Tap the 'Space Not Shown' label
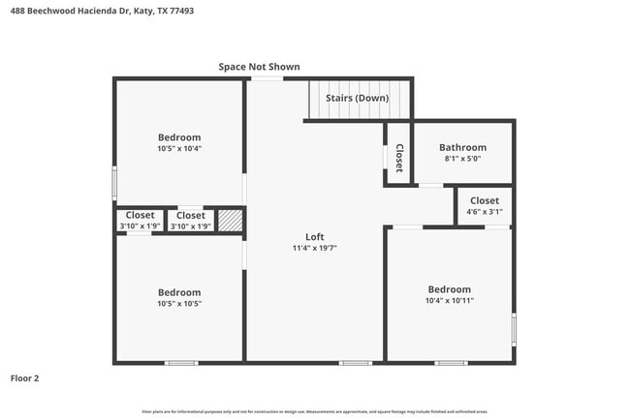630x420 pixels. (x=259, y=67)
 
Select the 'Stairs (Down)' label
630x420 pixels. (x=357, y=99)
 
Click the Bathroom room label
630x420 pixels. (x=462, y=148)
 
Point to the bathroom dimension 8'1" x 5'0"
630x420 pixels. (x=462, y=159)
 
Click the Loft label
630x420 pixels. (x=315, y=237)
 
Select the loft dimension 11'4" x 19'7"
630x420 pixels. (x=315, y=248)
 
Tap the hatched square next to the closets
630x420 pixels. (x=229, y=221)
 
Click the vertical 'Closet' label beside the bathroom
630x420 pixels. (x=398, y=156)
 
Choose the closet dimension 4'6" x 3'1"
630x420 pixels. (x=485, y=211)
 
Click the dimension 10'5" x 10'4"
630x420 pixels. (x=179, y=148)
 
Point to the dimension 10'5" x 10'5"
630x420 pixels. (x=179, y=303)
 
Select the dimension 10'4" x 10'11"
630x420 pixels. (x=450, y=300)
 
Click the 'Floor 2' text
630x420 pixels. (x=25, y=378)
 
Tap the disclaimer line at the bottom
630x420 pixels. (x=315, y=412)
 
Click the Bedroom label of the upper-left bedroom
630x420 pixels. (x=179, y=137)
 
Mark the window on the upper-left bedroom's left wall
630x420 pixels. (x=114, y=182)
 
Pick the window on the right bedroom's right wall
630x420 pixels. (x=514, y=330)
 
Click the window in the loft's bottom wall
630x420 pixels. (x=355, y=363)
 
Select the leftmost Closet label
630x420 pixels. (x=140, y=215)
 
